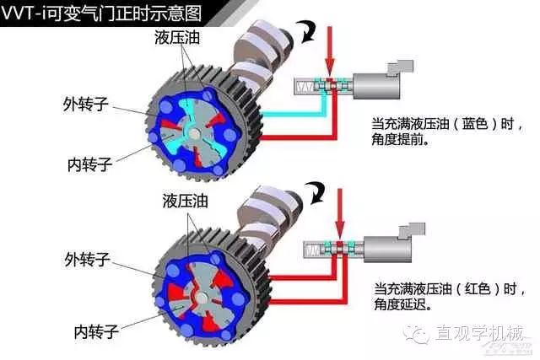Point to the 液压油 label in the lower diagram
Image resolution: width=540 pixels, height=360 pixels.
186,201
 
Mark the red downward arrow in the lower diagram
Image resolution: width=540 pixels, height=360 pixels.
340,211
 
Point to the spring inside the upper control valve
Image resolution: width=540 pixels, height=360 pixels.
304,86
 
